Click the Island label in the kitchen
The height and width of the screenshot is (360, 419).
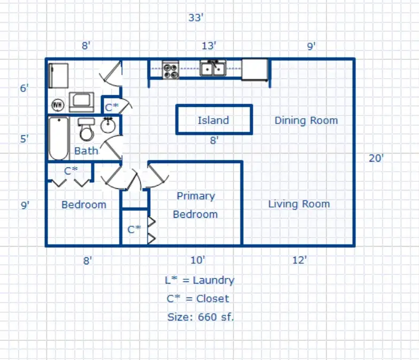213,120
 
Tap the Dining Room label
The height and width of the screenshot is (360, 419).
306,121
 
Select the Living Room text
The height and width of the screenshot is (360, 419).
299,204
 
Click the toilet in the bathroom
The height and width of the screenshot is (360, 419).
87,129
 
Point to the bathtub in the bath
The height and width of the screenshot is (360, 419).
59,138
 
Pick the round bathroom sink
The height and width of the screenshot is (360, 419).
108,125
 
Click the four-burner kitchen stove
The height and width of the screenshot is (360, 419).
170,70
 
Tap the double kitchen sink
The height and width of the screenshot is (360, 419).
213,68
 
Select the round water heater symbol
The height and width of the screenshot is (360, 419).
58,105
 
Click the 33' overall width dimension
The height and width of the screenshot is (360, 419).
196,18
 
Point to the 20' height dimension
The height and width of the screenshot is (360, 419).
376,158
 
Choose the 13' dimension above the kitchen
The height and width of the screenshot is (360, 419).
208,46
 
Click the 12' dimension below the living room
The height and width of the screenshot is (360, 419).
299,260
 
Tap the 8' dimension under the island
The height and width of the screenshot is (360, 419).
214,140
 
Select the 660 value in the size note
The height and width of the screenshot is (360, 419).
207,317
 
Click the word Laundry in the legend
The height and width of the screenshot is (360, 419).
214,280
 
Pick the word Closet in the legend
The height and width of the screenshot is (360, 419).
213,298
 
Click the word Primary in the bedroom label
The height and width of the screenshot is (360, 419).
196,196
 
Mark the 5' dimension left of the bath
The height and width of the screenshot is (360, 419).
25,139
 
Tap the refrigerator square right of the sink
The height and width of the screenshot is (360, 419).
254,70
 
